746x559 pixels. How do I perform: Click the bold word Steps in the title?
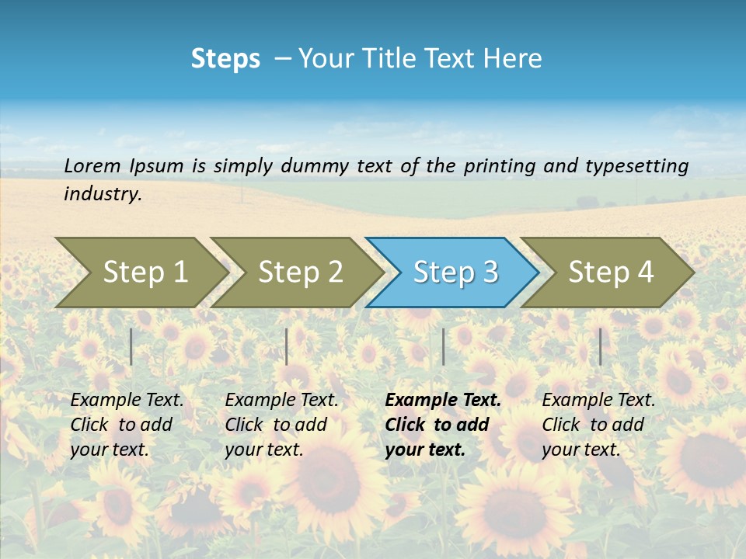tap(225, 59)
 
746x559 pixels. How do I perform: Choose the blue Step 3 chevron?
tap(455, 273)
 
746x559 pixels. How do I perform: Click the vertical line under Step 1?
tap(131, 346)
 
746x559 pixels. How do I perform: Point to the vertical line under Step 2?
tap(287, 346)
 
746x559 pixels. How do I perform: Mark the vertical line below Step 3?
tap(443, 346)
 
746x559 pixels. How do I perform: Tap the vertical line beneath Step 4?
tap(600, 346)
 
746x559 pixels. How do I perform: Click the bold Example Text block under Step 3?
tap(443, 425)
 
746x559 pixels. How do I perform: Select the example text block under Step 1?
tap(127, 425)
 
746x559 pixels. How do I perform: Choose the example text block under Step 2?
tap(281, 425)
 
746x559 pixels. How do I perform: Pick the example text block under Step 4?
tap(598, 425)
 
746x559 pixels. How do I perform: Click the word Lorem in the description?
tap(93, 166)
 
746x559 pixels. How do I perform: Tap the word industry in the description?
tap(103, 194)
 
